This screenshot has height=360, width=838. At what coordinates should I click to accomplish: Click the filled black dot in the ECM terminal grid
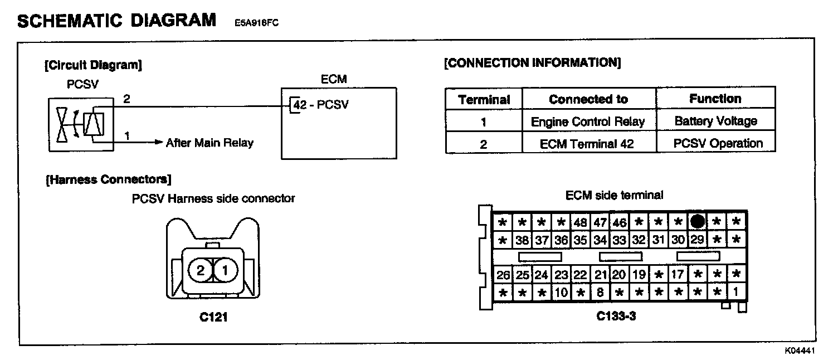(x=697, y=222)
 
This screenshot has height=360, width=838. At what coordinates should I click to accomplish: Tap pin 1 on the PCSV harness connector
(x=225, y=271)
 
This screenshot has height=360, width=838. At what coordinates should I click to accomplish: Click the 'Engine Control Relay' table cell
(x=588, y=121)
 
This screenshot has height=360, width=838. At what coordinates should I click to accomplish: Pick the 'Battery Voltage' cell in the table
(x=715, y=121)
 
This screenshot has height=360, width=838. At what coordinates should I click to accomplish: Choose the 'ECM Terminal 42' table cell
(x=588, y=144)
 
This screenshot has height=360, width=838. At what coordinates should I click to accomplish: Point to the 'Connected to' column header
(x=588, y=99)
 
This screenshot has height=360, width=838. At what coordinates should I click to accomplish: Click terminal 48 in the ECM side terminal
(x=580, y=222)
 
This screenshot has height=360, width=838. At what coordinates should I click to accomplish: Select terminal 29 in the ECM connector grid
(x=697, y=240)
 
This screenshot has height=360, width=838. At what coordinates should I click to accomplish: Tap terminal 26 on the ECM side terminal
(x=503, y=275)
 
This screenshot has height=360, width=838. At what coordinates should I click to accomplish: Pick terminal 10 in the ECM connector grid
(x=561, y=292)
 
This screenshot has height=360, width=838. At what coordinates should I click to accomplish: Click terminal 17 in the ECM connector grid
(x=678, y=275)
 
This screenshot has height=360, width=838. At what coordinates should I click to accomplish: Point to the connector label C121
(x=213, y=318)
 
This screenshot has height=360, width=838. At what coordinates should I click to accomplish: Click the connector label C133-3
(x=616, y=316)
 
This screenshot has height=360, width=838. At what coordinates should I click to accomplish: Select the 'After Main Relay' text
(x=209, y=143)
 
